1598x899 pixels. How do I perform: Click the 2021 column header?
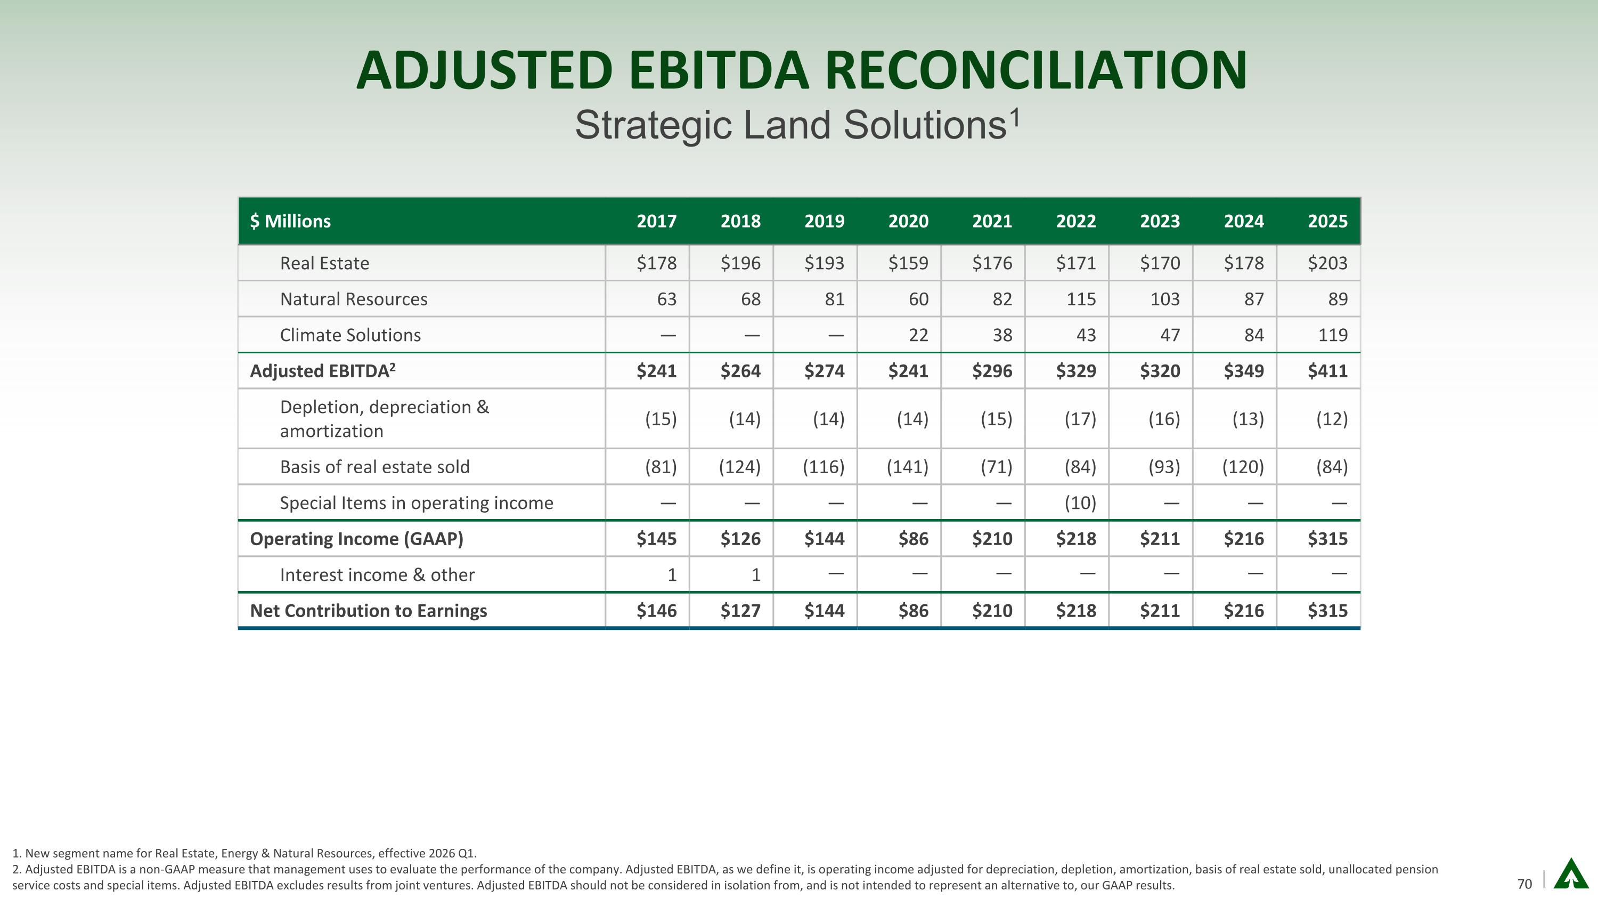[x=992, y=222]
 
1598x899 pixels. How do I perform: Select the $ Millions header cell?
[x=290, y=222]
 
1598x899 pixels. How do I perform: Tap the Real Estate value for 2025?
[x=1327, y=263]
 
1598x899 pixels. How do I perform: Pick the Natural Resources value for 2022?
[x=1081, y=299]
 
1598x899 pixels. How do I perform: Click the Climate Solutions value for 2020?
[x=918, y=335]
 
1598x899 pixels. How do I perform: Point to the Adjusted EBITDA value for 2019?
[x=824, y=371]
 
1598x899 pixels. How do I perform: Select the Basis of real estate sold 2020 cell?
[x=907, y=467]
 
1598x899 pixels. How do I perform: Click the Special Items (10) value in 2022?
[x=1080, y=503]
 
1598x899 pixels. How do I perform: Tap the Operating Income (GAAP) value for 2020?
[x=913, y=539]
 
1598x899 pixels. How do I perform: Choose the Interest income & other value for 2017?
[x=671, y=575]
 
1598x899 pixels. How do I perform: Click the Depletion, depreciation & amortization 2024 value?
[x=1248, y=419]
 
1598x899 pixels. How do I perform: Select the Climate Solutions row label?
[x=350, y=335]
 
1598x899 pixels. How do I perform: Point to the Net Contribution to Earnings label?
[x=368, y=611]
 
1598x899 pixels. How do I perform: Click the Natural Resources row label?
[x=354, y=299]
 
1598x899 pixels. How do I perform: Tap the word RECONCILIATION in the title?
[x=1036, y=71]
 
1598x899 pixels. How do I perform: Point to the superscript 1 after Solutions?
[x=1015, y=117]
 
